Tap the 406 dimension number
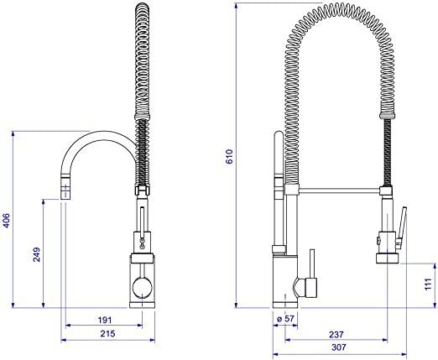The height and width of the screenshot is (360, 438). tap(7, 221)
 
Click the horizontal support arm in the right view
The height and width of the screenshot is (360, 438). tap(336, 190)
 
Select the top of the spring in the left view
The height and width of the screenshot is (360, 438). tap(141, 10)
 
